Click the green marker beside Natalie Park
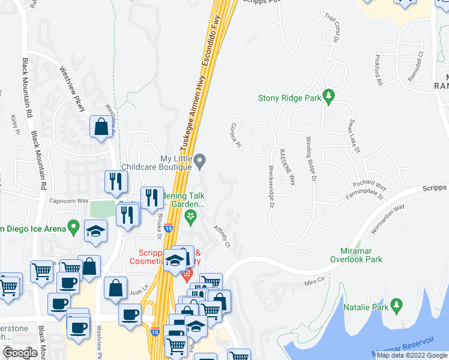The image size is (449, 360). [x=396, y=305]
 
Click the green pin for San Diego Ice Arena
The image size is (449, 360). [x=74, y=227]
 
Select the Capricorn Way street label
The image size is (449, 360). [x=69, y=201]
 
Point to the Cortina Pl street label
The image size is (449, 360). [x=235, y=136]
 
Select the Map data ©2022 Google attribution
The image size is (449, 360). [x=412, y=355]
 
